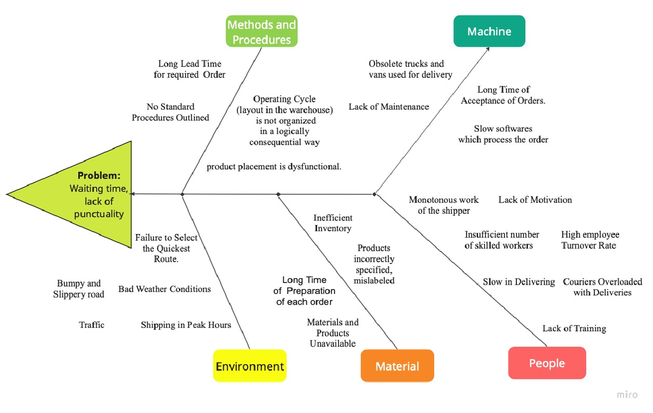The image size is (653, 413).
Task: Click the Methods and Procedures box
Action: click(x=262, y=31)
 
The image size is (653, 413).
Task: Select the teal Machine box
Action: click(x=489, y=31)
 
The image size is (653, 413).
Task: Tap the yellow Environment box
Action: click(x=250, y=366)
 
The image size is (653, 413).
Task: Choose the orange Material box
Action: click(x=397, y=366)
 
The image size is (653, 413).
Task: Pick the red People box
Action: click(x=547, y=363)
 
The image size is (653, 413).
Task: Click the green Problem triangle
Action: click(x=69, y=194)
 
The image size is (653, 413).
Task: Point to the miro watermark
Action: click(x=627, y=394)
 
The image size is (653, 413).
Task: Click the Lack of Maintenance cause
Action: click(x=389, y=107)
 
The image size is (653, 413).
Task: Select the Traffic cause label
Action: click(x=91, y=325)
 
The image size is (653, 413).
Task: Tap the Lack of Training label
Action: click(x=574, y=329)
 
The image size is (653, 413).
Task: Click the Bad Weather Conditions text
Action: click(x=164, y=289)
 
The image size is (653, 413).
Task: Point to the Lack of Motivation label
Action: click(x=535, y=200)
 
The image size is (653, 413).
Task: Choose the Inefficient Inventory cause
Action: click(x=333, y=223)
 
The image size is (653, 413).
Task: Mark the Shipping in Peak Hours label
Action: click(x=186, y=325)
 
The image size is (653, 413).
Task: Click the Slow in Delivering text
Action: click(x=519, y=282)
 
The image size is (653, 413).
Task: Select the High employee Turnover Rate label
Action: click(x=590, y=240)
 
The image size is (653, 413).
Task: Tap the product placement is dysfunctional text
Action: click(x=274, y=167)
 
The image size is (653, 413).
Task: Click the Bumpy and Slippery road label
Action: click(x=79, y=288)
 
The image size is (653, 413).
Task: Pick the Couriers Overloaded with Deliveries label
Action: click(x=602, y=287)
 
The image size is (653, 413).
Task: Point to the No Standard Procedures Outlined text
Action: click(x=170, y=112)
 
